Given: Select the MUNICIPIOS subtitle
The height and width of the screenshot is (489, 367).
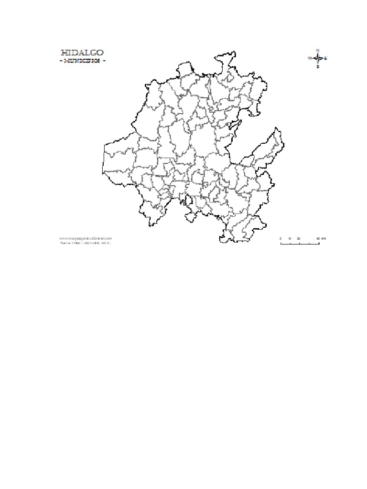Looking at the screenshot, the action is coord(82,61).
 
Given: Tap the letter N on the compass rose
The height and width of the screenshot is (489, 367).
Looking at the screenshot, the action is coord(318,50).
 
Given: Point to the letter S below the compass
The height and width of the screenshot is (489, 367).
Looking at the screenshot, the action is coord(318,67).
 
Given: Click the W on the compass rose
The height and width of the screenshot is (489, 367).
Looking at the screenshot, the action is coord(309,58).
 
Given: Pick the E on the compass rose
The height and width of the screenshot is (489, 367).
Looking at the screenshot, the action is coord(326,58).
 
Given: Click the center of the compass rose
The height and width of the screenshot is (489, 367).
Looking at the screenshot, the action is coord(318,58).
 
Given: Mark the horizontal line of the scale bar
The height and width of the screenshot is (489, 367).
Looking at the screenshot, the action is coord(300,243).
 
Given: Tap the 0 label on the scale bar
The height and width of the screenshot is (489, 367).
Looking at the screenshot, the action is coord(281,238).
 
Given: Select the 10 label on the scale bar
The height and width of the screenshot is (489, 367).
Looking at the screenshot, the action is coord(290,238).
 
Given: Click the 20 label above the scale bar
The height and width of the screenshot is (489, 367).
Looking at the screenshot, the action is coord(299,238).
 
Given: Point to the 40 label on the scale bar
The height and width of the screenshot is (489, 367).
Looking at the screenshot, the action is coord(317,238).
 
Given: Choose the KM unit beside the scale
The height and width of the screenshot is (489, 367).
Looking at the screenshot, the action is coord(324,238).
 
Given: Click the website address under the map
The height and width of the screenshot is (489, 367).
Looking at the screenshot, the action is coord(86,238).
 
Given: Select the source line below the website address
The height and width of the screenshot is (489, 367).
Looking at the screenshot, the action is coord(86,243).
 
